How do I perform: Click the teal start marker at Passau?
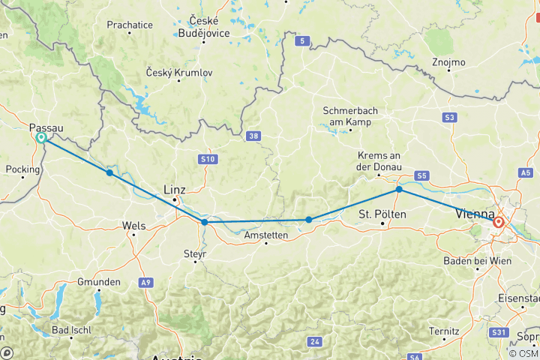tap(41, 138)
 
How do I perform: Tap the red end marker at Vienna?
tap(499, 222)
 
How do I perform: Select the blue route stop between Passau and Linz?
tap(109, 172)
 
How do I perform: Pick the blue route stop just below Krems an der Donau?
tap(399, 190)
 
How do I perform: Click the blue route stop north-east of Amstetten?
tap(309, 220)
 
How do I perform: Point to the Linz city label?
tap(174, 190)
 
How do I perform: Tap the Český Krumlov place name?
tap(180, 73)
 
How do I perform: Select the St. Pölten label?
tap(382, 214)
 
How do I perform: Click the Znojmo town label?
tap(449, 61)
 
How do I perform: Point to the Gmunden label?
tap(99, 282)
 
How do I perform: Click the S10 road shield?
tap(208, 159)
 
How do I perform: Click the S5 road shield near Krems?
tap(422, 175)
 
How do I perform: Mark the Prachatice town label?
tap(130, 25)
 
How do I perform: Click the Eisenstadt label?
tap(518, 298)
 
